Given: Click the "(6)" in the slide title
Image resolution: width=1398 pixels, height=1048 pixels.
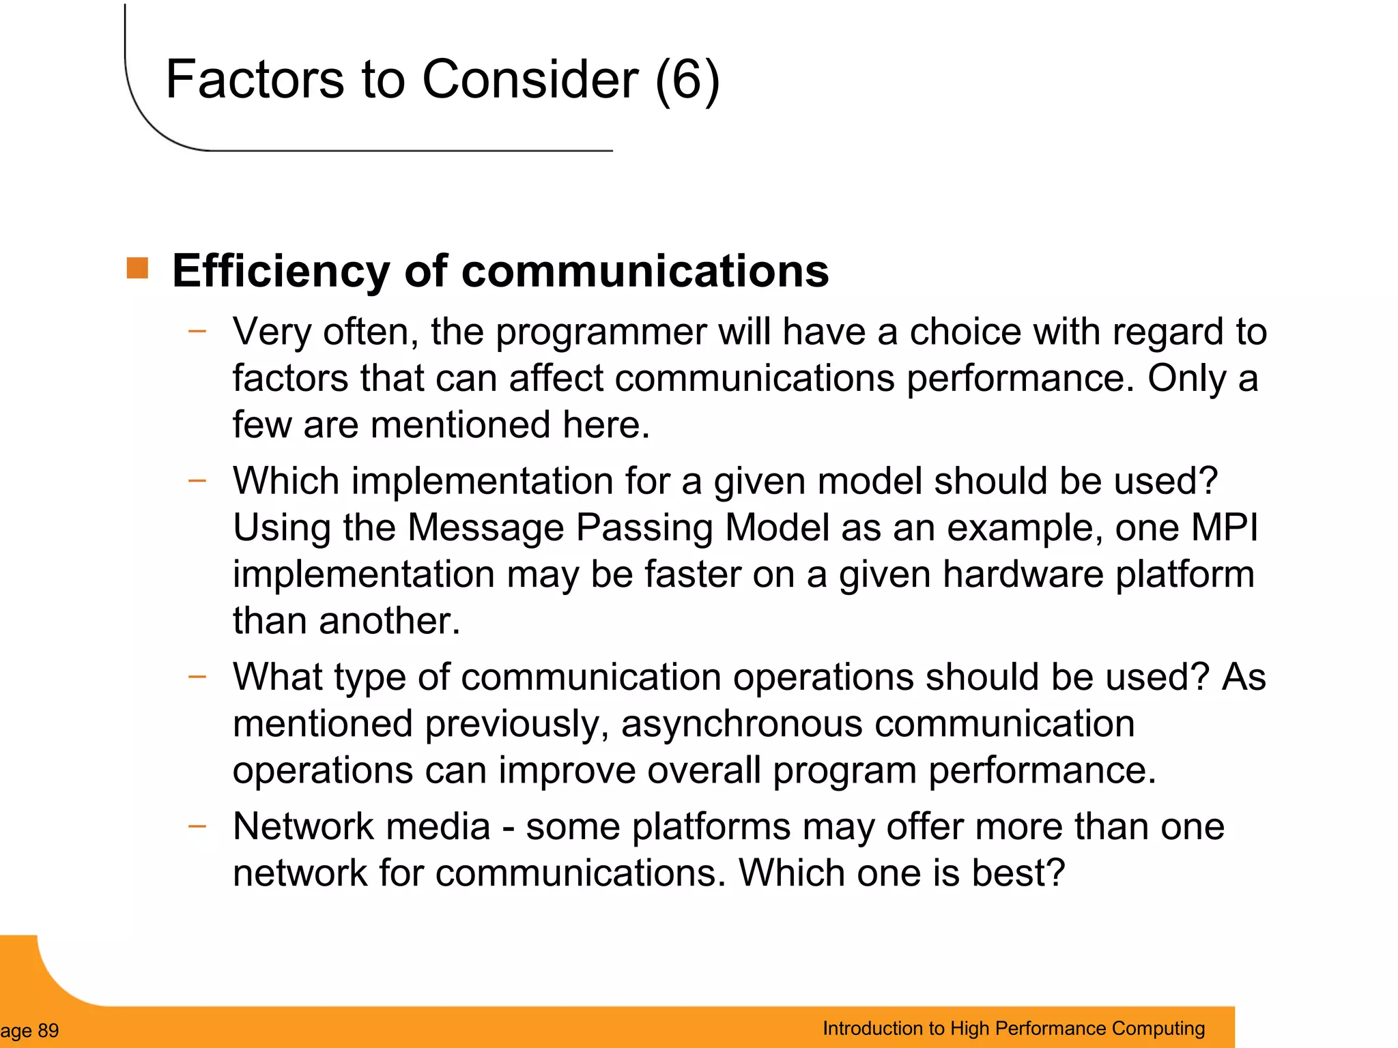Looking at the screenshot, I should point(687,81).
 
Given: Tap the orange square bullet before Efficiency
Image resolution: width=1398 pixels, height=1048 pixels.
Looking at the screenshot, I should point(137,268).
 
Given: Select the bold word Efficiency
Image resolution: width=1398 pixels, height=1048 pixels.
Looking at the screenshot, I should point(281,272).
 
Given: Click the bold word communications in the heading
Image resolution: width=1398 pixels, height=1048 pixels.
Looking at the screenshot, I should point(644,272).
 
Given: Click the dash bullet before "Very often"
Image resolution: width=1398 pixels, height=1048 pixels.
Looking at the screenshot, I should point(197,332).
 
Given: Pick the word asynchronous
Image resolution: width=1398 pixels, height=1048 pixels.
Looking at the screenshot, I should point(741,724).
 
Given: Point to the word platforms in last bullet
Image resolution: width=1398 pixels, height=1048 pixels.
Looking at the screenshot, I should point(711,828).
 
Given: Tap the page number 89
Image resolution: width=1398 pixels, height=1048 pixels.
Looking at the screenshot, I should point(48,1030).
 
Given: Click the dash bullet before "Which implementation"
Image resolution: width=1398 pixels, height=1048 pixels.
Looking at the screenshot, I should point(197,481).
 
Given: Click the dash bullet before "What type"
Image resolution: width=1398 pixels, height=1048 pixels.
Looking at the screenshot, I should point(197,677).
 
